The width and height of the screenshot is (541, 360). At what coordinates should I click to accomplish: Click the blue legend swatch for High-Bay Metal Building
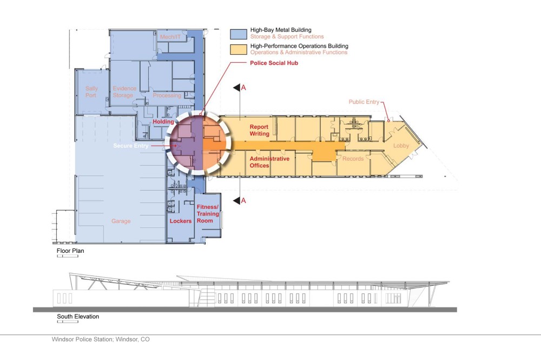[239, 34]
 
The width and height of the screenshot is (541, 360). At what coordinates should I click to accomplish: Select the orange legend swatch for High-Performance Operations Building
[239, 49]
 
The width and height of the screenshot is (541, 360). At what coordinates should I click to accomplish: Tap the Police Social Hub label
[274, 63]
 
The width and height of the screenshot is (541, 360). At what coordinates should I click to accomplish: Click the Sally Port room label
[91, 92]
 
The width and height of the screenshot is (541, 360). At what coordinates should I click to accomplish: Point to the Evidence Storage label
[124, 92]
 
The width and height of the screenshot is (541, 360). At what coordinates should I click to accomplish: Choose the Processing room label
[167, 95]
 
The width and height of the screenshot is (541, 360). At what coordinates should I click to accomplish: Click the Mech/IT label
[170, 37]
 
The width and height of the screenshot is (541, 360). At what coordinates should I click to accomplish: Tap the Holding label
[163, 121]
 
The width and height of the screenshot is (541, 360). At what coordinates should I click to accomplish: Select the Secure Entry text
[131, 146]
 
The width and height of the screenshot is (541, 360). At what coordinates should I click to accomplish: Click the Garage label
[121, 221]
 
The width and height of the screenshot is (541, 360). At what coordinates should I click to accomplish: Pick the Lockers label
[181, 221]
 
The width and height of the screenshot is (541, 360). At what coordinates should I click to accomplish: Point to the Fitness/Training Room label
[208, 214]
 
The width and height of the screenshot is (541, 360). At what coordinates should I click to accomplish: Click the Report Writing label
[260, 130]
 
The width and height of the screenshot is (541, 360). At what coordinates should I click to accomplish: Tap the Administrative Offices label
[269, 162]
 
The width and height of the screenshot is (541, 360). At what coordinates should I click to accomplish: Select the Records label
[353, 159]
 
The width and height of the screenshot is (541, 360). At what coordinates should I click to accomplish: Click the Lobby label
[401, 146]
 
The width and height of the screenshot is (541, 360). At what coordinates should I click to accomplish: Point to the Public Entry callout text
[364, 102]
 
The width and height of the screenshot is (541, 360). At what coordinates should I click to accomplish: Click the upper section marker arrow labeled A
[237, 88]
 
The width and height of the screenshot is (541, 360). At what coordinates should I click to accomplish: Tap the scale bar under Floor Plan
[68, 256]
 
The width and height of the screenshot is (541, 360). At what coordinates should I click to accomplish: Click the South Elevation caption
[78, 316]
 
